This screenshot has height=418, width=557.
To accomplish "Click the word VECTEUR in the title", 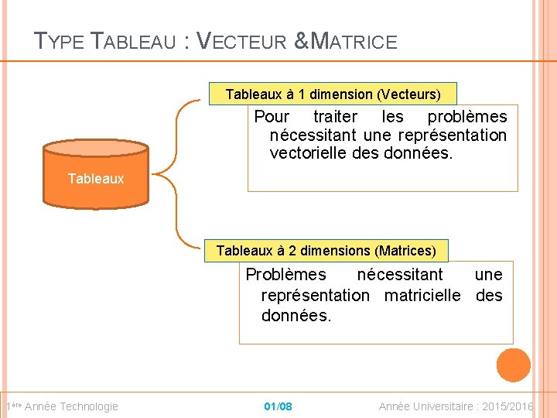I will click(x=242, y=41).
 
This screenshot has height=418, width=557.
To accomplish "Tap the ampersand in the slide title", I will click(x=302, y=41).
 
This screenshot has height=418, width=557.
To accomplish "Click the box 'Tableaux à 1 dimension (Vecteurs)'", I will click(x=333, y=94).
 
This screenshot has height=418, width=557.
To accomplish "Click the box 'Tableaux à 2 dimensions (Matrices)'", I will click(x=326, y=251).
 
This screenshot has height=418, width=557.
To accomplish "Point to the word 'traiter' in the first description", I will click(x=336, y=117).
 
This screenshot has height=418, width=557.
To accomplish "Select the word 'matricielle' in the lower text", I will click(x=422, y=296).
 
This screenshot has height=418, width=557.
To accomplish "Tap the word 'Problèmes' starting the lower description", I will click(x=285, y=275).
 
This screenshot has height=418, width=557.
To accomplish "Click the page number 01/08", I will click(x=278, y=406).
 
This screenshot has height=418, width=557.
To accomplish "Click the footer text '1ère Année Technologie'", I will click(x=62, y=406).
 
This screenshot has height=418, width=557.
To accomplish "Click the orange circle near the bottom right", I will click(x=513, y=365).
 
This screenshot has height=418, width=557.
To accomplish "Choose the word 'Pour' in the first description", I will click(x=272, y=117).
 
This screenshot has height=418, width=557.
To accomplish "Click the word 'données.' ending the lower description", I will click(x=296, y=316).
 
